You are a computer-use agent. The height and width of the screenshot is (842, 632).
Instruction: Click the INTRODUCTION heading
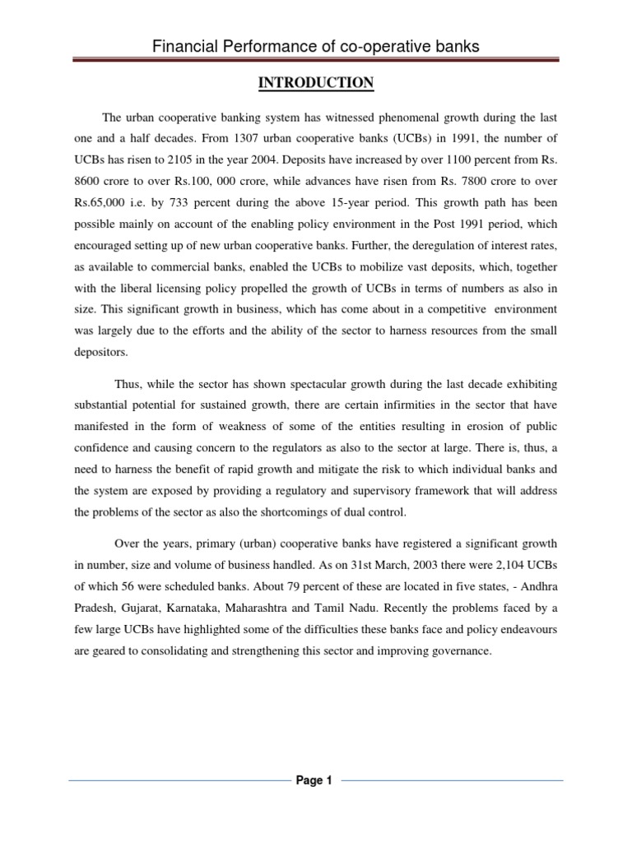316,83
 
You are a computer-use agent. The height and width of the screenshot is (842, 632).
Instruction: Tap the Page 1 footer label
314,780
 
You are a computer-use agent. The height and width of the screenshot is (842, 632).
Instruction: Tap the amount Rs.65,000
97,203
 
